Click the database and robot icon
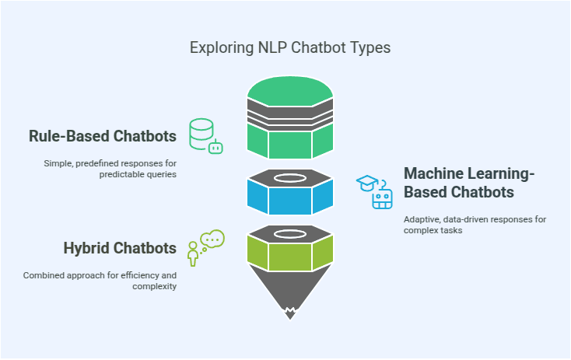coord(206,136)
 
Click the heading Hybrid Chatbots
coord(120,248)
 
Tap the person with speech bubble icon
coord(205,248)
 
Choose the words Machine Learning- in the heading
coord(459,173)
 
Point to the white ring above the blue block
coord(289,177)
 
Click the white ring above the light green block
coord(289,232)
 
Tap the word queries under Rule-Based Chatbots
coord(162,174)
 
